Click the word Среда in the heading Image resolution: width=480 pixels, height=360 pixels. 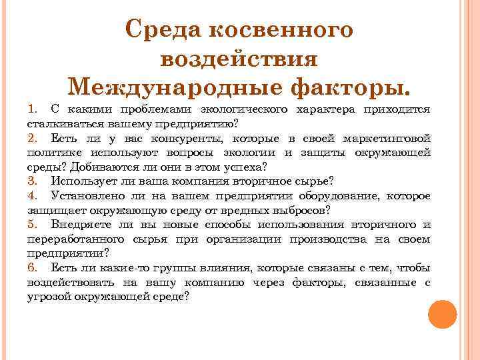click(162, 30)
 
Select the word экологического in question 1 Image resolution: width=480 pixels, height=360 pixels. click(247, 109)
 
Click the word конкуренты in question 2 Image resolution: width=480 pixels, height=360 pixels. click(198, 139)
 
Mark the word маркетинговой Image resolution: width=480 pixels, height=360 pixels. click(388, 139)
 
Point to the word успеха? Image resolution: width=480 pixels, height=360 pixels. click(245, 167)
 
